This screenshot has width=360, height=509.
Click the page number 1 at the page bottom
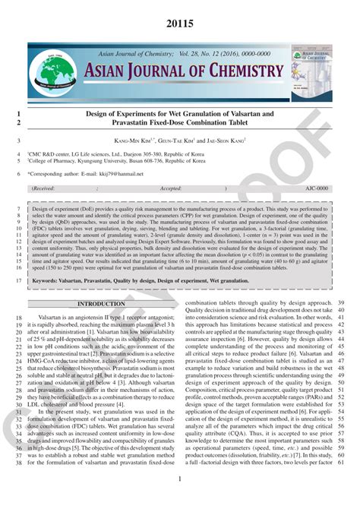click(x=180, y=479)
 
